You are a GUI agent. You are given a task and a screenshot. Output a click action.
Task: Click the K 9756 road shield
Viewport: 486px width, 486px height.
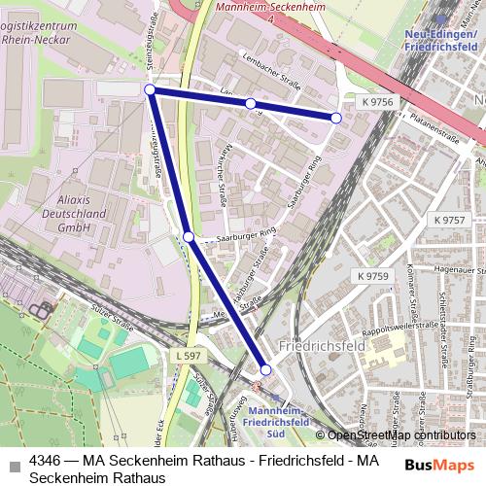(x=377, y=101)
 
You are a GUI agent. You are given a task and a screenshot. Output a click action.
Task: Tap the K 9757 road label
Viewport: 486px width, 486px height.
(x=451, y=221)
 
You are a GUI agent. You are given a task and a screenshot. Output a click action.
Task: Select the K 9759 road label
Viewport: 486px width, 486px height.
(x=372, y=276)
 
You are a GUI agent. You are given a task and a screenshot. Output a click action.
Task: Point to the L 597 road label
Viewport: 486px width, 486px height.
(x=191, y=359)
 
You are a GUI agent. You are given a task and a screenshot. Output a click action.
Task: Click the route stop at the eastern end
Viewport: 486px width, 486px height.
(x=336, y=118)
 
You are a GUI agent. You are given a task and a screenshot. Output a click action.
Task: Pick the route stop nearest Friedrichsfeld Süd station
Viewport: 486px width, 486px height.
(x=265, y=369)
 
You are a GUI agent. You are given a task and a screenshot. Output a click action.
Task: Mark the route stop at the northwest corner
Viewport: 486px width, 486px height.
(x=150, y=89)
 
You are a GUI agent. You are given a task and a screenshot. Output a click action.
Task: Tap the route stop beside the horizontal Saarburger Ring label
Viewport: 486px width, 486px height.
(x=189, y=236)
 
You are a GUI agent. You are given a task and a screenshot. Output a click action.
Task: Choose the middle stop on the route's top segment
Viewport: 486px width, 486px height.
(x=250, y=103)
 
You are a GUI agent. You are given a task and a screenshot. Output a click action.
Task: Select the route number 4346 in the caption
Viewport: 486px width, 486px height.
(x=48, y=460)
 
